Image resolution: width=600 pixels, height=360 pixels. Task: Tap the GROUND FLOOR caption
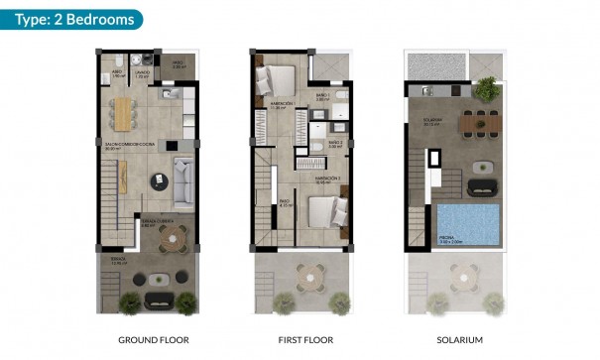pos(149,340)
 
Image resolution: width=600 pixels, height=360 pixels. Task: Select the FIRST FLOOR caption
pos(300,340)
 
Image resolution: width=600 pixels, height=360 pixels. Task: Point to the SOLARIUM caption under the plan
pos(459,340)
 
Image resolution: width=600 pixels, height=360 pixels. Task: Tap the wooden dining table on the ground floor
pos(124,113)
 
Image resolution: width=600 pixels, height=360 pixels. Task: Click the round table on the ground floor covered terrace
pos(173,237)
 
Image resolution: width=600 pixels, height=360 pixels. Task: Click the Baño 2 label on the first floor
pos(334,143)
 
